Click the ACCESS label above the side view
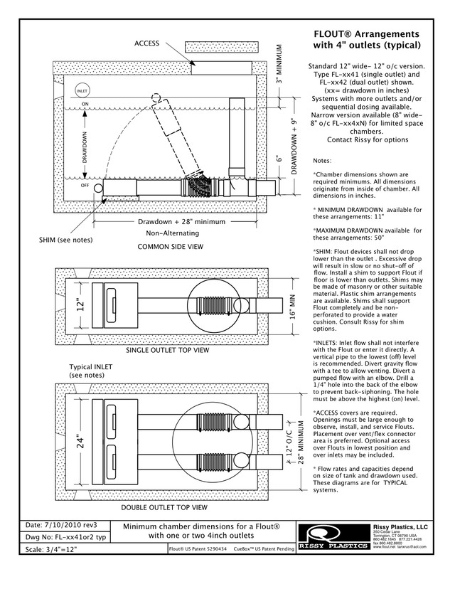(x=146, y=44)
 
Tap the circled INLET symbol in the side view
(x=82, y=91)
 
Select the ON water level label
(x=84, y=105)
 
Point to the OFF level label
(x=84, y=185)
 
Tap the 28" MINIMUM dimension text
(x=301, y=445)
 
